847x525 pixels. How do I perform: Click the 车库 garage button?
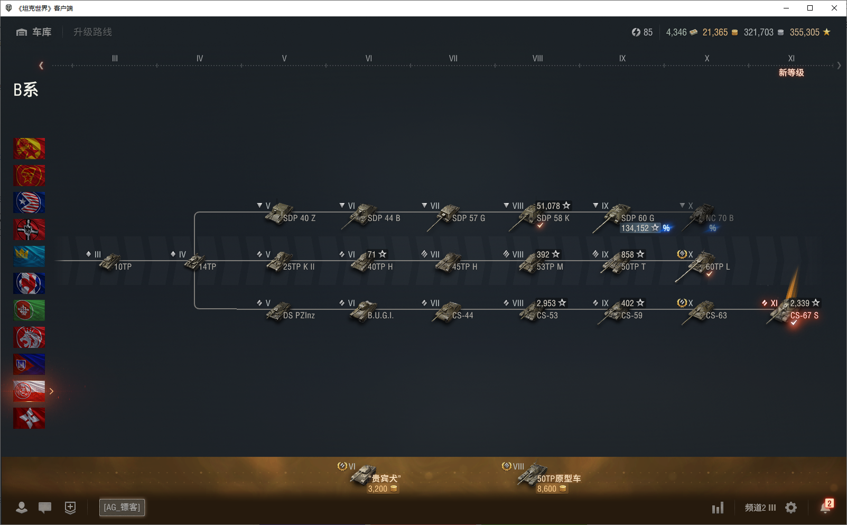point(34,32)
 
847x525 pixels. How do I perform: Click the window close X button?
point(834,8)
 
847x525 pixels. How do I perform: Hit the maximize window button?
point(810,8)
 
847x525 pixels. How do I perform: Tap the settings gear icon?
point(791,508)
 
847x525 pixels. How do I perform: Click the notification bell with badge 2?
point(825,507)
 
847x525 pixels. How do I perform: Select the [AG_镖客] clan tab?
point(122,508)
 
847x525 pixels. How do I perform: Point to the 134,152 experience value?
point(635,228)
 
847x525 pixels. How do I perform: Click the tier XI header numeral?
point(791,59)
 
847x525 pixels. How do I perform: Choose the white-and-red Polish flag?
point(29,391)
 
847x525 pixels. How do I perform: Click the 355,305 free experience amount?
point(804,32)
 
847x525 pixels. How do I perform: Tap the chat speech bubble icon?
point(45,508)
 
